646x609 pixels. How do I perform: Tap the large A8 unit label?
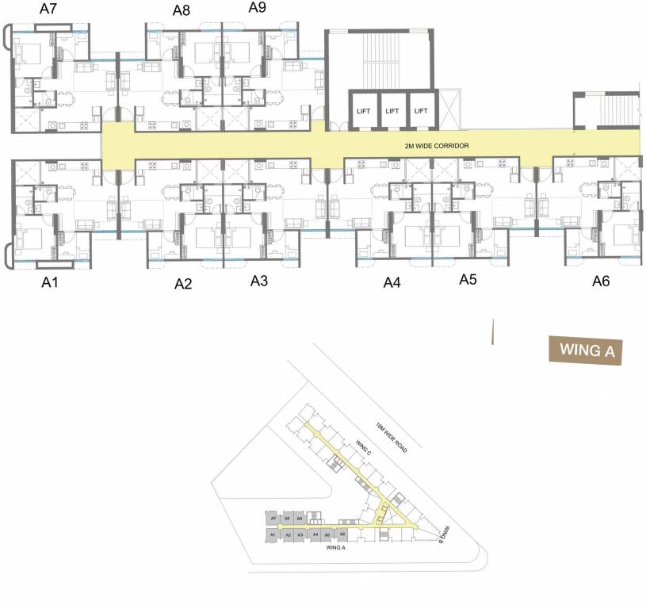pos(182,10)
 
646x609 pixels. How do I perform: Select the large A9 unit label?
pos(257,8)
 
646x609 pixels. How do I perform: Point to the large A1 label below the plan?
pos(52,282)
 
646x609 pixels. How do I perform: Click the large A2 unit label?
pos(183,284)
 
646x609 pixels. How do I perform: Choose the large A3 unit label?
pos(259,281)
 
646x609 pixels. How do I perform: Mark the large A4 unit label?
pos(392,282)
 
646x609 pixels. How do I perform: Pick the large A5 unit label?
pos(468,280)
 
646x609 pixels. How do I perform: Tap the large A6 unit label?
pos(602,282)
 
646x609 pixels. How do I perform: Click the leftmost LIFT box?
pos(363,111)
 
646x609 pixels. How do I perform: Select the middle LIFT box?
pos(392,111)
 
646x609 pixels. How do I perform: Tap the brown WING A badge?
pos(586,350)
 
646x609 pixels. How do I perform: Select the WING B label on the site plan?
pos(445,534)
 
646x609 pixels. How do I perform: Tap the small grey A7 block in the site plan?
pos(273,518)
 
